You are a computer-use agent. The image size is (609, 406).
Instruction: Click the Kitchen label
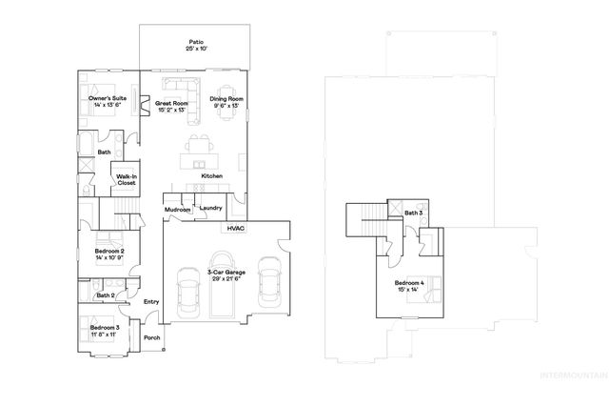pyautogui.click(x=212, y=176)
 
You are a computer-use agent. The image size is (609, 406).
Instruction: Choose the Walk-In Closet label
pyautogui.click(x=126, y=180)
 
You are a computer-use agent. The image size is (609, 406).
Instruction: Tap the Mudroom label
pyautogui.click(x=178, y=209)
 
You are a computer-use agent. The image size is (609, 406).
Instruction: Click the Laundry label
pyautogui.click(x=210, y=207)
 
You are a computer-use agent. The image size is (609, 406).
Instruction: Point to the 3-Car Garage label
pyautogui.click(x=226, y=275)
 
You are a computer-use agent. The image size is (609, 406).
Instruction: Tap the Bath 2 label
pyautogui.click(x=105, y=295)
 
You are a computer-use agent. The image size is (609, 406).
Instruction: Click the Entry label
pyautogui.click(x=151, y=302)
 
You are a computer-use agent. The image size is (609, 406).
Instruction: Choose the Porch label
pyautogui.click(x=151, y=337)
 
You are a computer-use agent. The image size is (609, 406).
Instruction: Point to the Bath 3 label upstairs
pyautogui.click(x=413, y=213)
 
